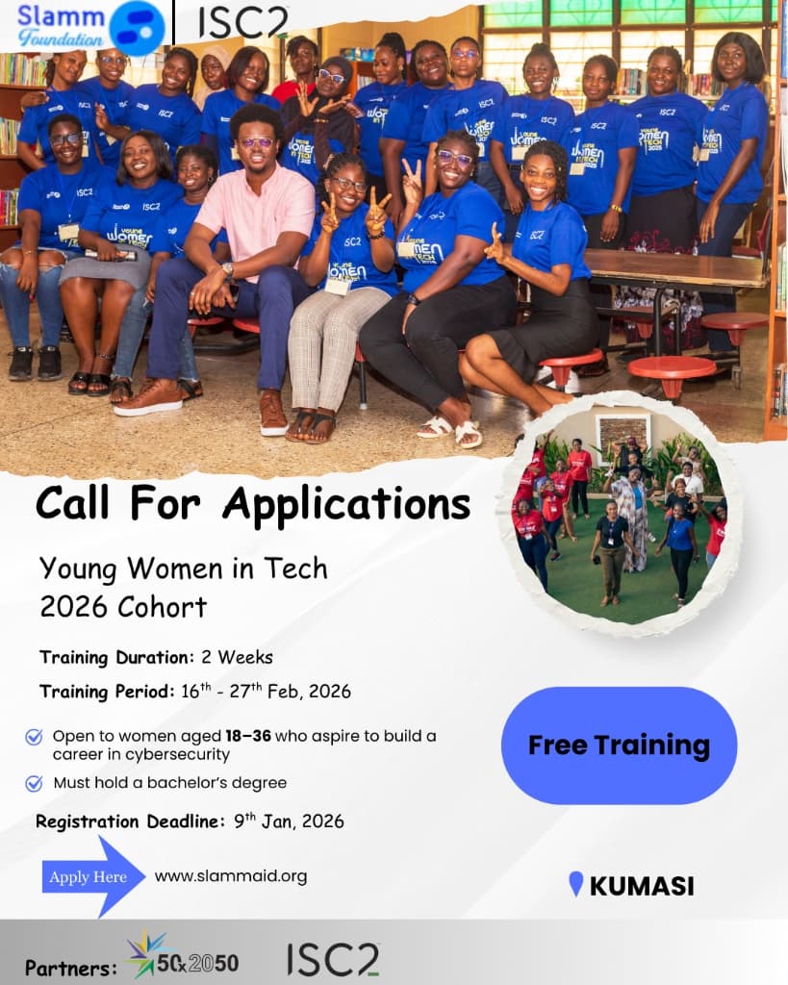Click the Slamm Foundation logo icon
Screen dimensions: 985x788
tap(137, 26)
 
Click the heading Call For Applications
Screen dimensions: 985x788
tap(253, 503)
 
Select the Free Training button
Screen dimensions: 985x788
tap(619, 745)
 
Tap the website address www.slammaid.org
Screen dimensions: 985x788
tap(231, 875)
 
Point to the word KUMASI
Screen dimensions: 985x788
tap(642, 886)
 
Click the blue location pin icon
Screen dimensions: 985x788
tap(576, 884)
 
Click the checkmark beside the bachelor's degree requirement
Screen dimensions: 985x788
tap(34, 783)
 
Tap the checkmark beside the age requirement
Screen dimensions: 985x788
tap(34, 737)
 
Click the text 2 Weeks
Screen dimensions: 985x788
tap(237, 658)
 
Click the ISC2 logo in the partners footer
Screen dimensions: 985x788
tap(333, 958)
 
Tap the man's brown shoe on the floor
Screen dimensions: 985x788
tap(150, 397)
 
